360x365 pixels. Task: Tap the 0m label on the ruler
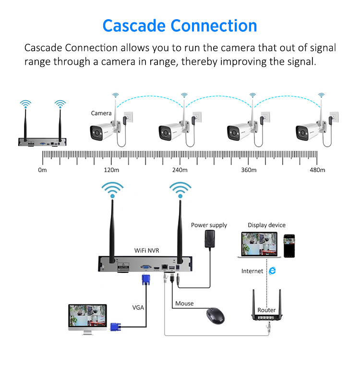point(42,170)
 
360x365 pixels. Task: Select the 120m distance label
point(111,170)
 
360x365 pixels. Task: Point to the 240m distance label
point(180,170)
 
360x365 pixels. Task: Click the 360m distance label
point(249,170)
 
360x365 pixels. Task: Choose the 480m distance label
point(317,170)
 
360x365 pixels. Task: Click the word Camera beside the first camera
point(101,113)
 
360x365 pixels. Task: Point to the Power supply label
point(209,225)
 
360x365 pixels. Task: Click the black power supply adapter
point(209,239)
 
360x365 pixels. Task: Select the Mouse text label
point(184,303)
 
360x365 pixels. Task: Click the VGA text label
point(138,307)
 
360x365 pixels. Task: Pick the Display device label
point(266,225)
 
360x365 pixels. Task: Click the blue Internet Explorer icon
point(272,271)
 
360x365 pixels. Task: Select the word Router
point(266,310)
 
